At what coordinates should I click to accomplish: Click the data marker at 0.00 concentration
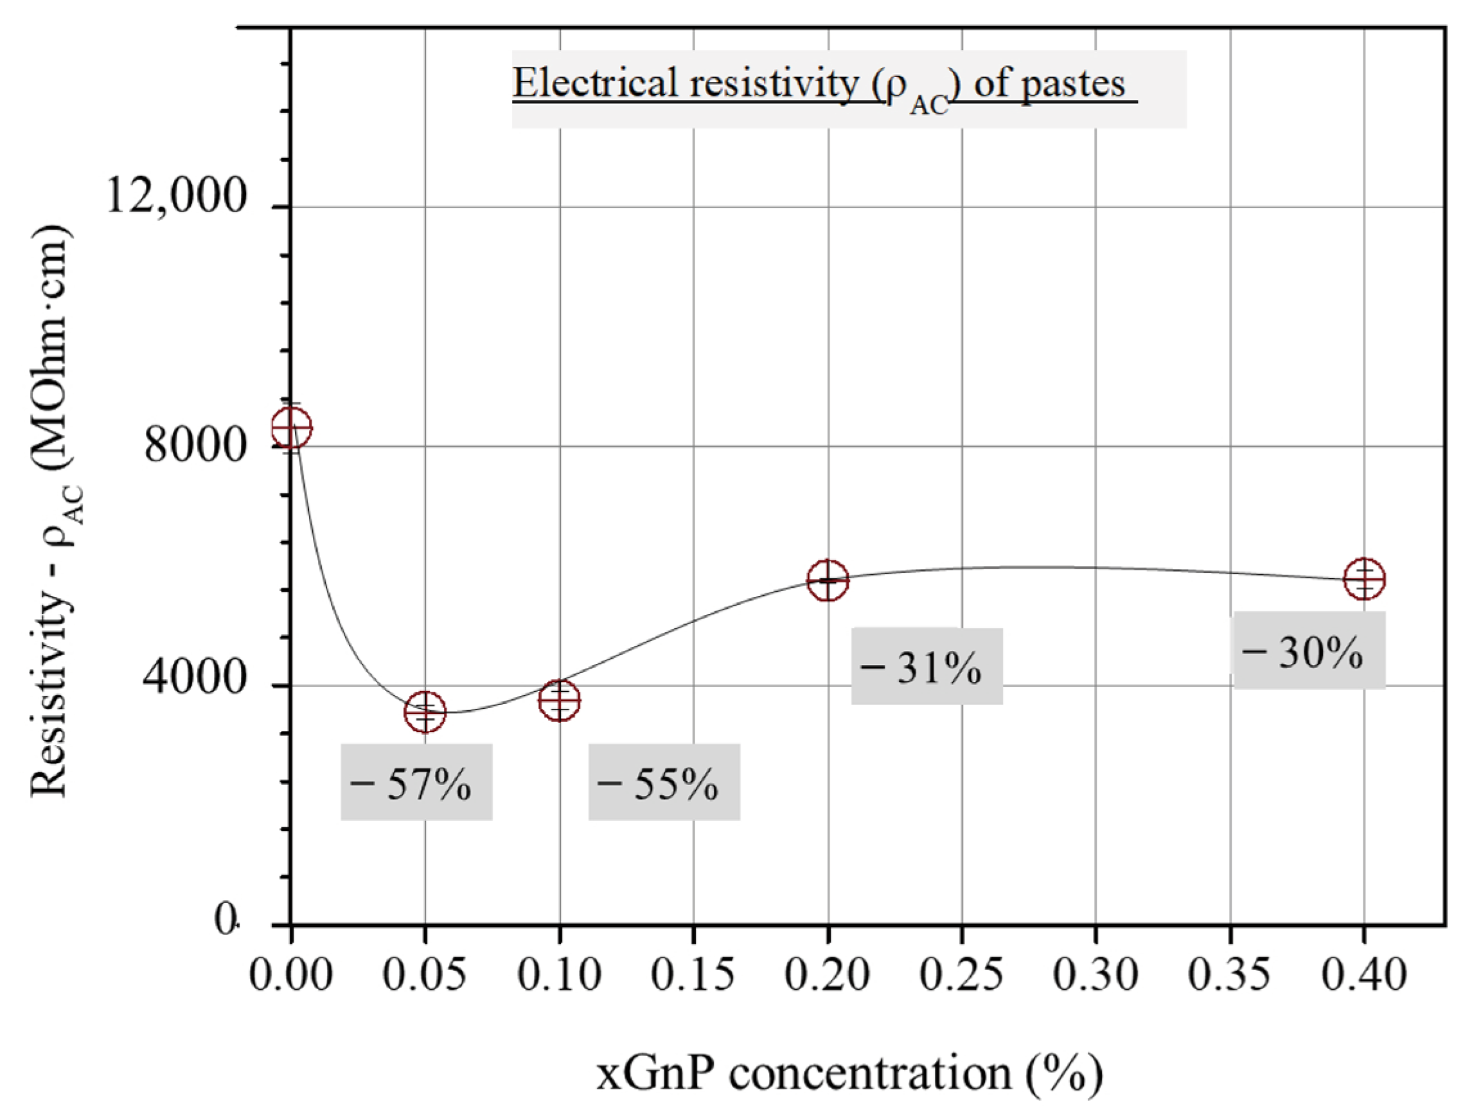[291, 427]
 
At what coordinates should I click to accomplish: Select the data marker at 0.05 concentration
[425, 712]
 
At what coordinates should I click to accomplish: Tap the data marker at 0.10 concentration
[560, 700]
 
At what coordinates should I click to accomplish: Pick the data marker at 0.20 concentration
[828, 580]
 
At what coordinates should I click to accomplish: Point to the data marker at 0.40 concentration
[1364, 579]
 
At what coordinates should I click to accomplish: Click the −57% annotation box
[417, 782]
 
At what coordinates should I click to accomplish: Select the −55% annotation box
[664, 782]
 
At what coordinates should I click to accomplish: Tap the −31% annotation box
[927, 666]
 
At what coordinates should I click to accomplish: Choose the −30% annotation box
[1309, 650]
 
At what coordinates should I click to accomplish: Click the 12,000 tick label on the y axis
[176, 197]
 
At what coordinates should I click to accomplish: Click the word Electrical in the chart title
[596, 84]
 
